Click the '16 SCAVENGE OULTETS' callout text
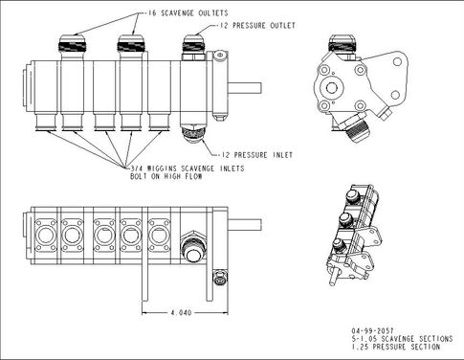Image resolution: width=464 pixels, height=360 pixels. (x=188, y=13)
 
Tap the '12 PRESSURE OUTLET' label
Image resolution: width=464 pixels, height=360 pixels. (x=257, y=26)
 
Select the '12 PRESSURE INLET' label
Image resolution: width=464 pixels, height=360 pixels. (x=256, y=155)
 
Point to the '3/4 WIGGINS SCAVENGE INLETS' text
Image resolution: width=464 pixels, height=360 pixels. (x=188, y=169)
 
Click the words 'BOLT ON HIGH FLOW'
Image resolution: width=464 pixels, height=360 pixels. (x=166, y=176)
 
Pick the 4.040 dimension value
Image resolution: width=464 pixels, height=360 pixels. (x=181, y=312)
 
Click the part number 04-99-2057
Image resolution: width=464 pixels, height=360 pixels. (x=372, y=330)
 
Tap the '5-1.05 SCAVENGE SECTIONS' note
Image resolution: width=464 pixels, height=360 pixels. (x=402, y=339)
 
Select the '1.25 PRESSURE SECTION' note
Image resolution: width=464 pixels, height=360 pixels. (x=396, y=347)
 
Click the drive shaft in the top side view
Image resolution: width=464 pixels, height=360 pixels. (x=245, y=88)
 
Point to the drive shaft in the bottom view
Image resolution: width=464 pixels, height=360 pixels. (x=245, y=225)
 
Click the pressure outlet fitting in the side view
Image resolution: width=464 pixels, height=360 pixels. (x=193, y=47)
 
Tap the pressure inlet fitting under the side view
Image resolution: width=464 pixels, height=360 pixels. (x=193, y=134)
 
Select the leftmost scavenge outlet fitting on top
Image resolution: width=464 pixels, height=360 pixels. (x=72, y=47)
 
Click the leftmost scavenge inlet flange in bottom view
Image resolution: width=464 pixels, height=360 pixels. (x=46, y=236)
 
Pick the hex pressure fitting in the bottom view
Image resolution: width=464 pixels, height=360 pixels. (x=193, y=247)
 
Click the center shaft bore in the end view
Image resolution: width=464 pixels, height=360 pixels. (x=331, y=87)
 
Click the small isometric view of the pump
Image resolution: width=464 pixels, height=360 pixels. (x=355, y=234)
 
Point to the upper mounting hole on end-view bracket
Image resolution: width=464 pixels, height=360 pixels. (x=397, y=61)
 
